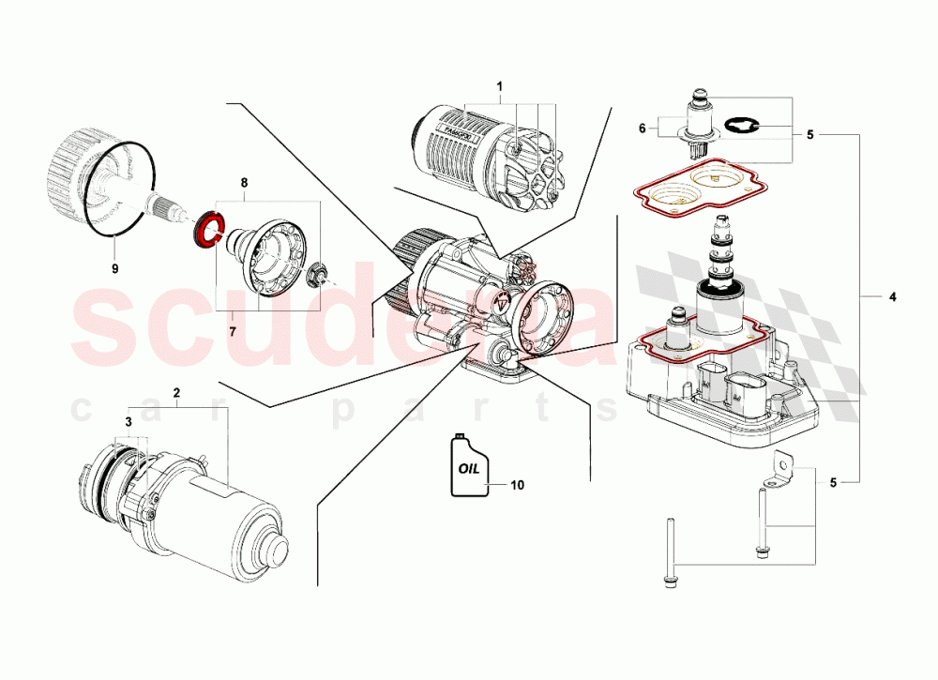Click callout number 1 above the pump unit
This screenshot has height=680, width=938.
499,85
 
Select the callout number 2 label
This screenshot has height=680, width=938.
174,390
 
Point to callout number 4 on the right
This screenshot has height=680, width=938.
892,297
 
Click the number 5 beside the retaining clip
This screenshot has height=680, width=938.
809,135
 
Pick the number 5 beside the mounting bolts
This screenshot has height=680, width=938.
832,483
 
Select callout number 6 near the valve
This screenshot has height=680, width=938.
643,128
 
